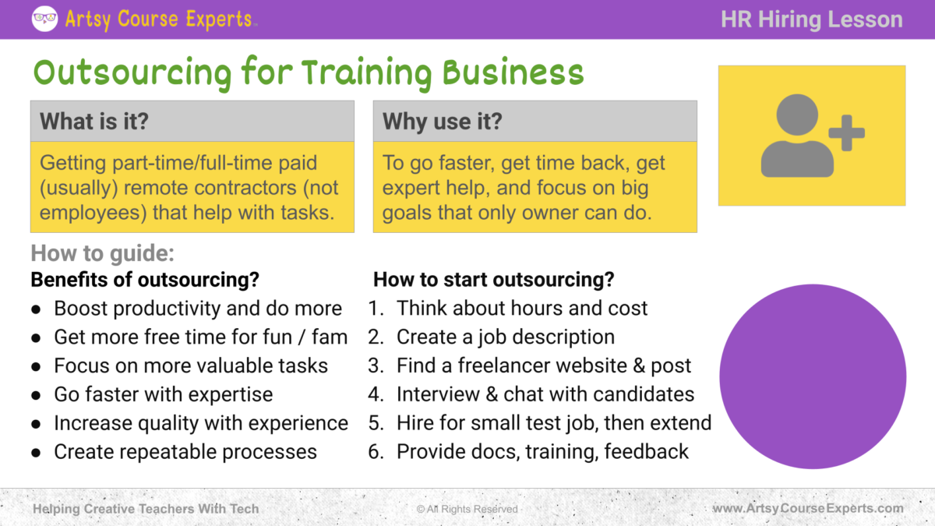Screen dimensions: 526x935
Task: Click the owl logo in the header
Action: point(44,19)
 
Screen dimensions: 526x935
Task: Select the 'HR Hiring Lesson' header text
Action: point(812,19)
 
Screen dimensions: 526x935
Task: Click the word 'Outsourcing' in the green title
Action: point(132,72)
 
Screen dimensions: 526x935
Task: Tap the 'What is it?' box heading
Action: point(93,122)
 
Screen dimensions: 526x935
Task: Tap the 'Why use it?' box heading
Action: point(443,122)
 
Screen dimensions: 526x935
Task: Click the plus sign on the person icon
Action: point(846,132)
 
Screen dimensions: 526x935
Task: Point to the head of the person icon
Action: point(796,115)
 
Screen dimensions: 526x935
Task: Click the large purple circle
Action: point(812,376)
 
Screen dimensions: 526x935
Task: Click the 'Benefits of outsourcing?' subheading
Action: point(145,279)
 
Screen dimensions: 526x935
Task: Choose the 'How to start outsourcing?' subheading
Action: point(494,279)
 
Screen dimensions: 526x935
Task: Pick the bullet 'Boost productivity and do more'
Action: point(198,309)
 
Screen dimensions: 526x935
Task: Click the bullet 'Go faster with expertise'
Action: point(164,394)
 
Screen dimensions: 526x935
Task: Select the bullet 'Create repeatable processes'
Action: point(185,451)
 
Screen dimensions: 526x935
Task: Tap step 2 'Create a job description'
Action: point(505,337)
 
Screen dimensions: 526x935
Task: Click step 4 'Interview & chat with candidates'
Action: point(545,394)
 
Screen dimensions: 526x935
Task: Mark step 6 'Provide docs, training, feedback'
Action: point(542,451)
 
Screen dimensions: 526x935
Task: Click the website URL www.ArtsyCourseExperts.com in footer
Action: point(808,509)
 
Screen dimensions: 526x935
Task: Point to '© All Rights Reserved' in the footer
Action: point(467,509)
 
